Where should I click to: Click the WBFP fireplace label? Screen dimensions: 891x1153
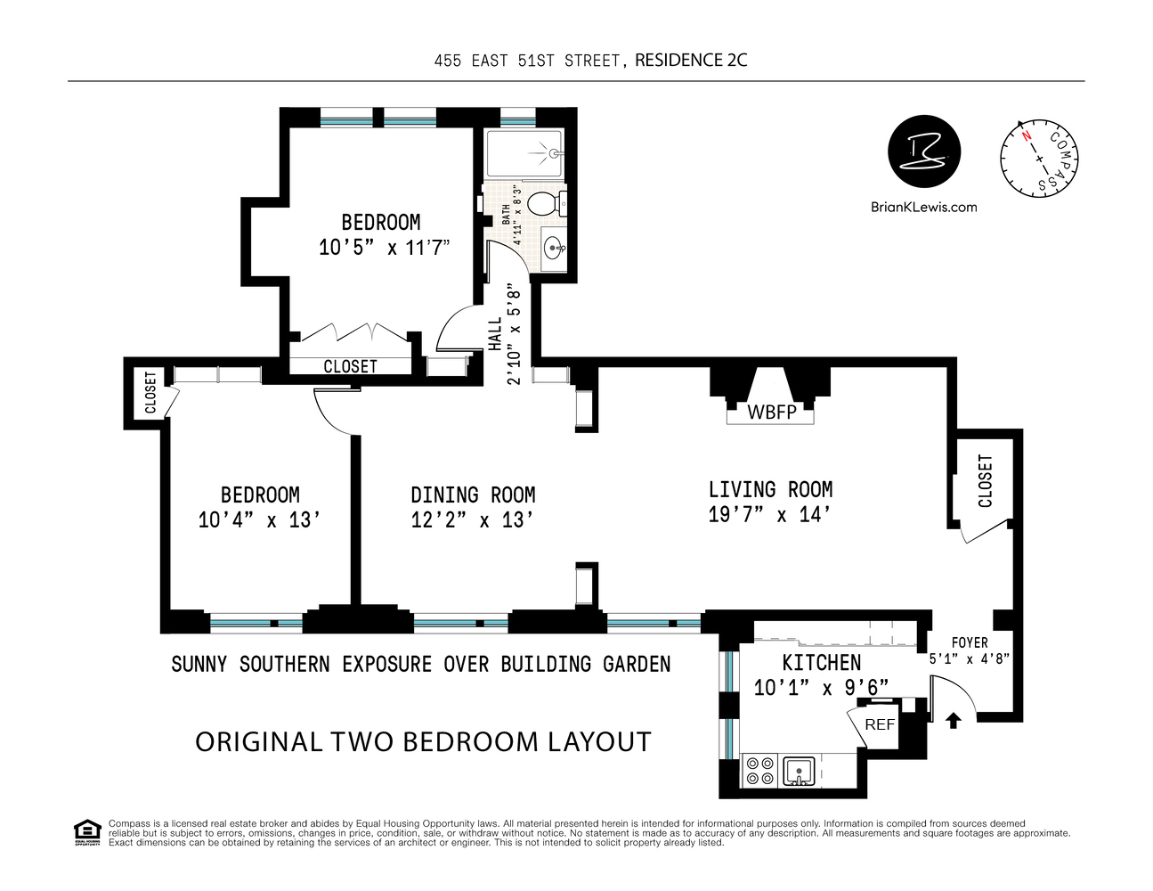coord(771,413)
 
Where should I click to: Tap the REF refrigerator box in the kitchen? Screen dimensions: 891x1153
coord(879,724)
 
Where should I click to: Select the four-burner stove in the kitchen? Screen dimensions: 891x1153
coord(759,771)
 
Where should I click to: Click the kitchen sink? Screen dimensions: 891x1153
coord(800,771)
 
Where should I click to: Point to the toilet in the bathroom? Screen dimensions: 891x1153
coord(546,203)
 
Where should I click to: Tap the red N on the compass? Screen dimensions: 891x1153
coord(1026,136)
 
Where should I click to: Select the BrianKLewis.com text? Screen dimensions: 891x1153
coord(923,207)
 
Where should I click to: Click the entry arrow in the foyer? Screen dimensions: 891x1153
coord(954,720)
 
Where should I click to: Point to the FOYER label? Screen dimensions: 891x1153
coord(969,642)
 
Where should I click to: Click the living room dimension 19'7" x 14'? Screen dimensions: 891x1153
coord(770,515)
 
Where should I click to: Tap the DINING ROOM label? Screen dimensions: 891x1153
coord(473,495)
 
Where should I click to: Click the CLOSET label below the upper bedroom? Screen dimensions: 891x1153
coord(350,366)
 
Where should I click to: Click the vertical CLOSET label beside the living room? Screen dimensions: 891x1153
coord(985,481)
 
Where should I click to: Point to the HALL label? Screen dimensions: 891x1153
coord(495,333)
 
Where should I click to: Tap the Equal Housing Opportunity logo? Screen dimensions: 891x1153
coord(86,832)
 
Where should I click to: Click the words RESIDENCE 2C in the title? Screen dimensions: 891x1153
coord(691,61)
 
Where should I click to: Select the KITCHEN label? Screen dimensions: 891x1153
coord(821,662)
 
